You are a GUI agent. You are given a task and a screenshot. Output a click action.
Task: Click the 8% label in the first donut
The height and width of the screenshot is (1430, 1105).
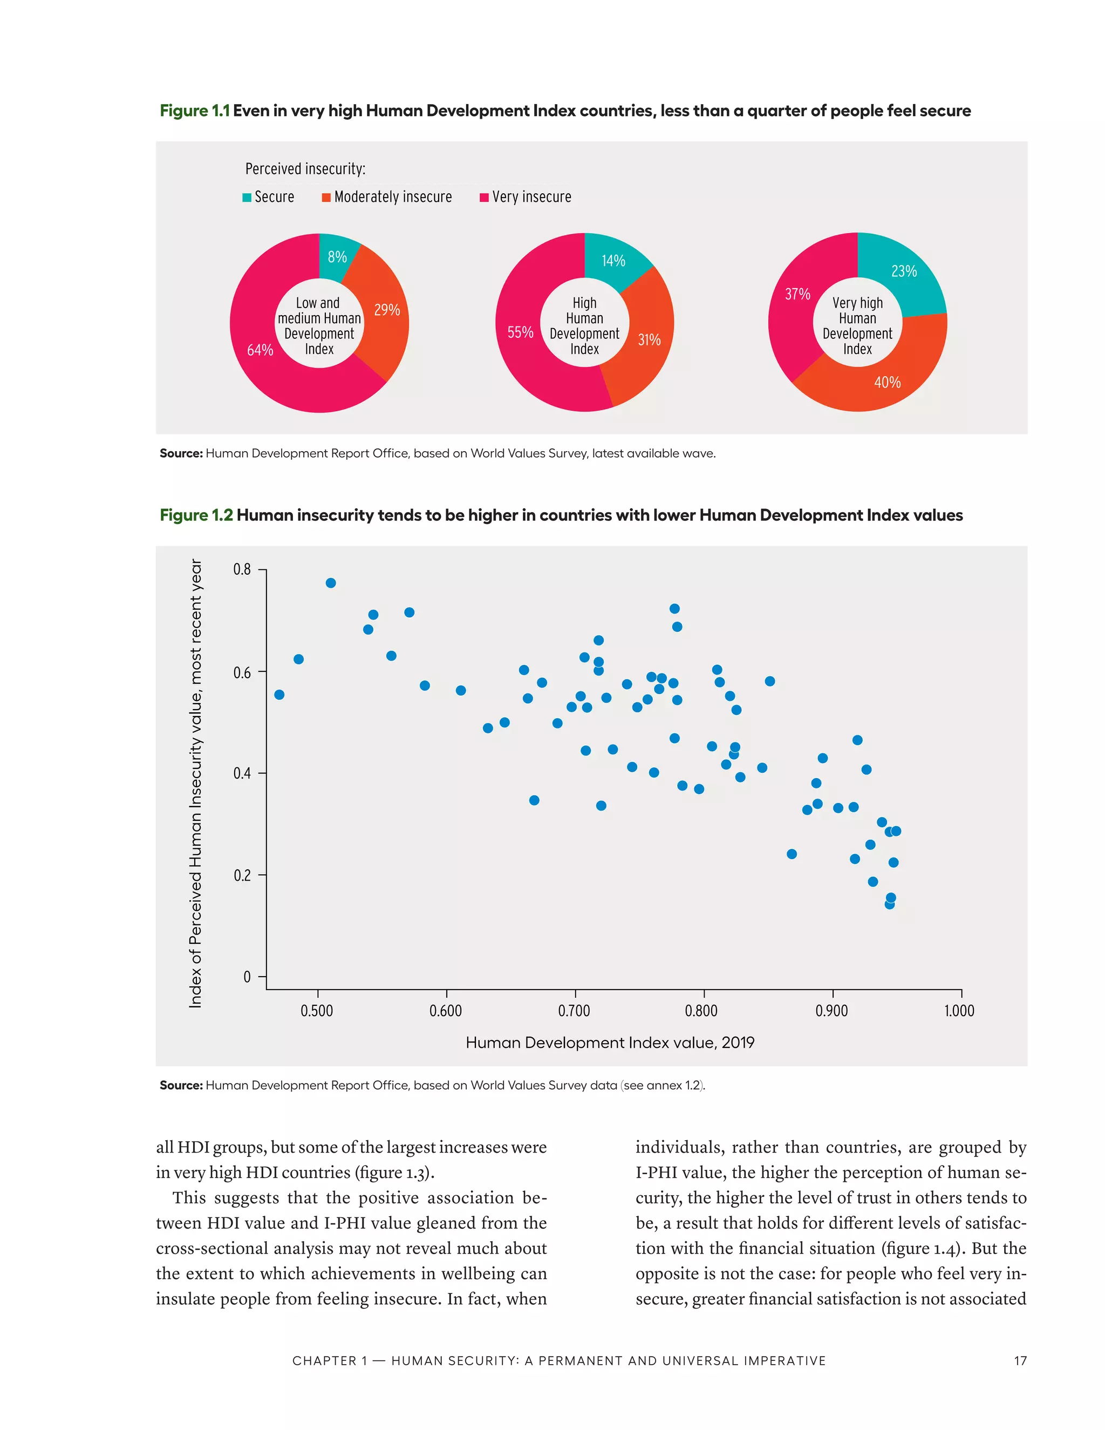tap(337, 257)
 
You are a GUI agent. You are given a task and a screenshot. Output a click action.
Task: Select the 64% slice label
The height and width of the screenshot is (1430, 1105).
tap(260, 350)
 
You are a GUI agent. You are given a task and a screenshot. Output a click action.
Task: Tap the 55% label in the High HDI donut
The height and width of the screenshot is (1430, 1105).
tap(521, 332)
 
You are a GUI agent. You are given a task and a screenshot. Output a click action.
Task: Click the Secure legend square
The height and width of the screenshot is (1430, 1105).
tap(247, 198)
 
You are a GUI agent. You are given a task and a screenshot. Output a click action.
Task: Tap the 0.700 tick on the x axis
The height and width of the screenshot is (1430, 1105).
tap(574, 1011)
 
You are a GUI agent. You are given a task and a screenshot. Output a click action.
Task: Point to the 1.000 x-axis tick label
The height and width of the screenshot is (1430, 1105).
tap(959, 1011)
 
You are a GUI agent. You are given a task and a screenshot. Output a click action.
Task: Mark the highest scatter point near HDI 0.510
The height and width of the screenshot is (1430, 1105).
tap(331, 583)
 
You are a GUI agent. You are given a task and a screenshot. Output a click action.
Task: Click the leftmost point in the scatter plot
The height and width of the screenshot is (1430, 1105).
tap(279, 694)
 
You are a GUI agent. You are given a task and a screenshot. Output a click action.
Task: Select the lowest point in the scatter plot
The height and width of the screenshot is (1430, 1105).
tap(889, 904)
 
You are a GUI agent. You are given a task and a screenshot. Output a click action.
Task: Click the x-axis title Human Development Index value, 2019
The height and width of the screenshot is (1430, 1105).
tap(610, 1043)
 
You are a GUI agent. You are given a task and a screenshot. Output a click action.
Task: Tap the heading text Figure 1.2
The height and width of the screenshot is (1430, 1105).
tap(196, 515)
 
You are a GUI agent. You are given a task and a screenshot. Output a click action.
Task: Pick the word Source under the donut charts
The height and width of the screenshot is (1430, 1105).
tap(180, 453)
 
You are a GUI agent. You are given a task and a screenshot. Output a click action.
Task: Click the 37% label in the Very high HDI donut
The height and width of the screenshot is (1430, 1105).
tap(797, 294)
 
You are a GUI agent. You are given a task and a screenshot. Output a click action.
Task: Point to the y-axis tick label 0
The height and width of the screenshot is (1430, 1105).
tap(247, 977)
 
